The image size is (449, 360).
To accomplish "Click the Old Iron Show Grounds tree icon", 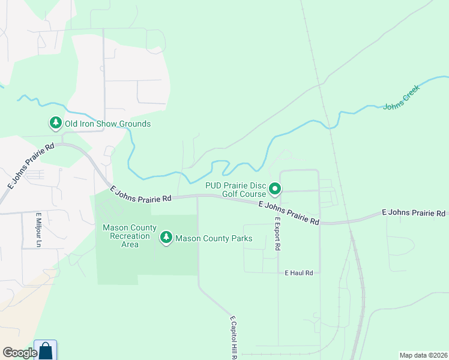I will coord(56,124).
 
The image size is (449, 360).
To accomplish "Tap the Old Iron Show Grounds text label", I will coord(107,124).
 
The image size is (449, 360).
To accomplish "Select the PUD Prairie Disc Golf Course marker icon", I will coord(275,190).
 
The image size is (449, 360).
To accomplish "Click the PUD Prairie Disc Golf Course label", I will coord(235,190).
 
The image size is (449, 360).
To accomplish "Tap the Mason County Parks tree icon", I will coord(166,238).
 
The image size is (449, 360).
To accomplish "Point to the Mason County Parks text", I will coord(214,239).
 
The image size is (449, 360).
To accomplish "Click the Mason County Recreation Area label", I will coord(130,236).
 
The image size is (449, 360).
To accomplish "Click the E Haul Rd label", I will coord(299,273).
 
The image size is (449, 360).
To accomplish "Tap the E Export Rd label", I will coord(278,234).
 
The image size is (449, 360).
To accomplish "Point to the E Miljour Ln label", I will coord(38,230).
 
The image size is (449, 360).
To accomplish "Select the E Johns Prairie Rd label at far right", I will coord(414,213).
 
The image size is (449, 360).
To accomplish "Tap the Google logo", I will coord(20,352).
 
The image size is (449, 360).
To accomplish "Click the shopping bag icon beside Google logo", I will coord(46,350).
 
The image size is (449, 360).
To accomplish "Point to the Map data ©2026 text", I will coord(423,355).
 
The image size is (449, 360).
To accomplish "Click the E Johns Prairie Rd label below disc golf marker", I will coord(289,213).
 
